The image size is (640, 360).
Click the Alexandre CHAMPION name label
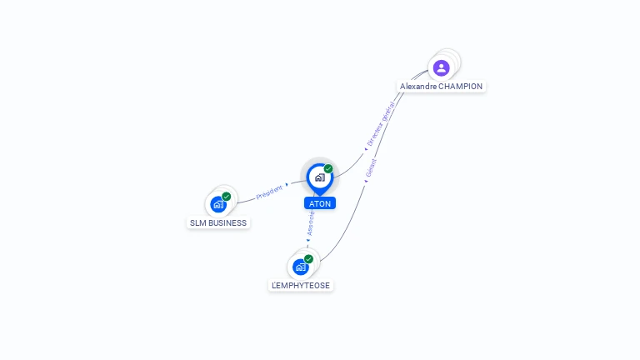point(441,87)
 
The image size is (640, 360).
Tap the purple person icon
point(442,67)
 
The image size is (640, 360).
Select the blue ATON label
point(320,203)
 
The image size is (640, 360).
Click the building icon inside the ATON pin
point(319,177)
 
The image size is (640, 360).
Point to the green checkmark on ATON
point(328,168)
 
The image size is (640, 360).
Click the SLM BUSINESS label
point(218,223)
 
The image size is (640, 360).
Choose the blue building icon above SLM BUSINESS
point(217,204)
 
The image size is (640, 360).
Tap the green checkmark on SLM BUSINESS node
point(227,197)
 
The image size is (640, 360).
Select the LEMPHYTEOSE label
point(301,285)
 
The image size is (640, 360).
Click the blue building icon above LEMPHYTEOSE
point(300,267)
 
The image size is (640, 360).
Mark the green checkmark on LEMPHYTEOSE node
point(308,259)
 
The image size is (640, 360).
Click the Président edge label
point(269,192)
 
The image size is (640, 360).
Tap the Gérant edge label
point(372,167)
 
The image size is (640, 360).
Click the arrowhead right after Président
point(287,184)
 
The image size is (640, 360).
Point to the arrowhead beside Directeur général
point(365,149)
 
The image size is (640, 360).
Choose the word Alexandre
point(418,87)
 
